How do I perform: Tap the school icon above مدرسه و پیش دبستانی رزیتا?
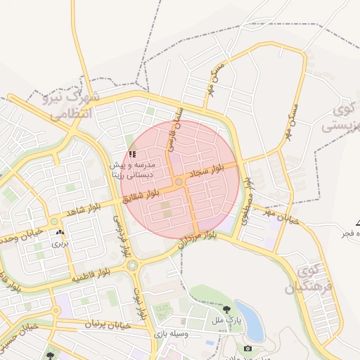pos(133,154)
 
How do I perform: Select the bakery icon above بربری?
pos(59,232)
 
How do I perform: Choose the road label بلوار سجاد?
pos(208,172)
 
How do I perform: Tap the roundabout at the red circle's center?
pos(179,182)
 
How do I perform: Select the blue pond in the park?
pos(249,319)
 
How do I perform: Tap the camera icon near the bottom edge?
pos(247,348)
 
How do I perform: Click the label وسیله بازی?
pos(173,334)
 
